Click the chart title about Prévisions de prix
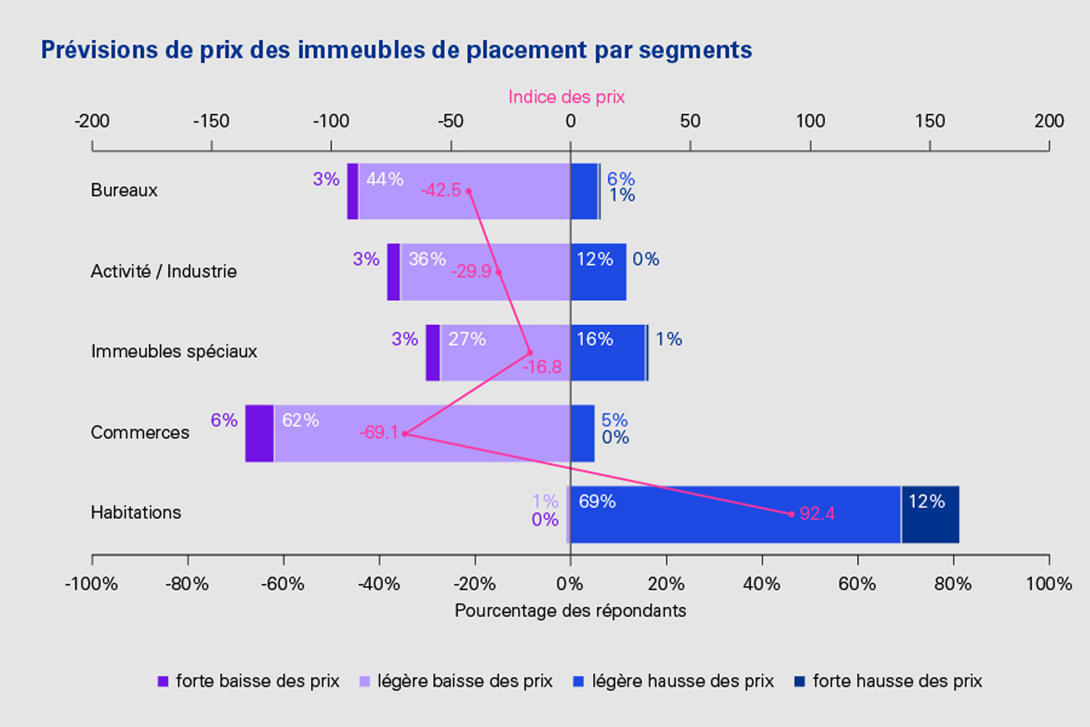point(396,50)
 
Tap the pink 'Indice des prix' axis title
point(566,97)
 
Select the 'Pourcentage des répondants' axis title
point(570,610)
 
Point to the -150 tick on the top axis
point(211,121)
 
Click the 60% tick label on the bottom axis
point(857,584)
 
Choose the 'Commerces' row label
point(140,433)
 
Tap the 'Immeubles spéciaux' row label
point(174,352)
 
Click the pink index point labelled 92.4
point(791,514)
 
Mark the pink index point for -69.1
point(405,434)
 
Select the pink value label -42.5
point(441,190)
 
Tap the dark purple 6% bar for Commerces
point(259,433)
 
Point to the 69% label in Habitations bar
point(597,502)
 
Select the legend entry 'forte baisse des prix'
point(249,681)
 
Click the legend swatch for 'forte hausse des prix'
point(799,681)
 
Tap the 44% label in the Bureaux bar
point(384,180)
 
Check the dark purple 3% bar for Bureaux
point(352,191)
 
